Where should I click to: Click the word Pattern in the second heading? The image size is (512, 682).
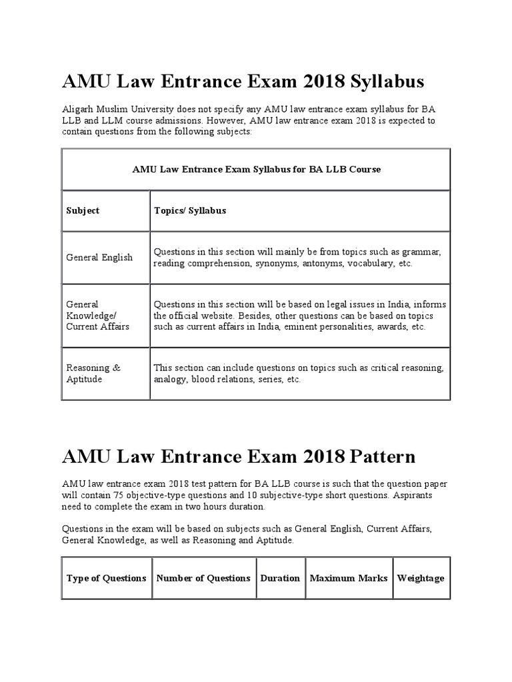pos(380,457)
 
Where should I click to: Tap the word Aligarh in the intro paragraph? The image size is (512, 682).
pos(77,109)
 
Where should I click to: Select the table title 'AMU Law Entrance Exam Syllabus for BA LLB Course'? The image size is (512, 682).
pos(257,169)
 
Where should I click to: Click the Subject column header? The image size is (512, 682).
pos(83,210)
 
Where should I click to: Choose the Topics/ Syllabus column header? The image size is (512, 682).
pos(190,210)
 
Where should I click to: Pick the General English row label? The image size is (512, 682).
pos(99,257)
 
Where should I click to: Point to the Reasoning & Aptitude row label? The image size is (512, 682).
pos(93,373)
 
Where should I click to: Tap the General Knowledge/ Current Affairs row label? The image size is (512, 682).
pos(97,315)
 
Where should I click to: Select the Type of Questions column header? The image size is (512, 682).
pos(107,578)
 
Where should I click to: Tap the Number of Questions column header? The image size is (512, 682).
pos(203,578)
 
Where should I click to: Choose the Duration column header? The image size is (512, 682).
pos(280,578)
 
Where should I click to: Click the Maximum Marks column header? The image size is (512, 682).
pos(349,578)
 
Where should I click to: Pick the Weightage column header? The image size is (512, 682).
pos(421,578)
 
